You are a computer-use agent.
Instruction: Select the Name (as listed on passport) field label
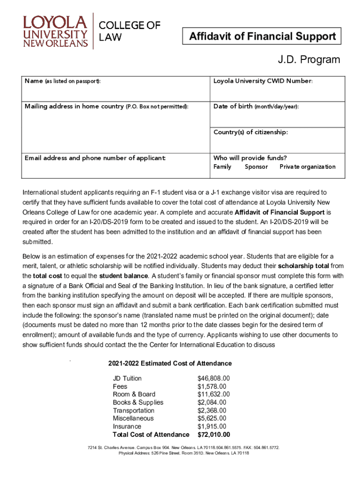point(63,81)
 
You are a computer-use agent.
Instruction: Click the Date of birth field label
point(256,107)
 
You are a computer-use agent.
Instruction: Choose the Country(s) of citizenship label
point(251,132)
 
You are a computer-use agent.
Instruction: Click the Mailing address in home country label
point(107,107)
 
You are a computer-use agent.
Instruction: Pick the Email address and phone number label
point(95,158)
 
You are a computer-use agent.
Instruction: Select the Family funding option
point(223,167)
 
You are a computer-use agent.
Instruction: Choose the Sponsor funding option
point(256,167)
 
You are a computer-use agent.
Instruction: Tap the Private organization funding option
point(307,167)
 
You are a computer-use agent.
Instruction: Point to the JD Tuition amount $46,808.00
point(214,378)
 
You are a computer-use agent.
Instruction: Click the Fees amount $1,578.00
point(212,386)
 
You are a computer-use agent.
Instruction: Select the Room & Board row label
point(134,394)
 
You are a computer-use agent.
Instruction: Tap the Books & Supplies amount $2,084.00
point(212,402)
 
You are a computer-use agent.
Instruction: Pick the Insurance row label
point(127,427)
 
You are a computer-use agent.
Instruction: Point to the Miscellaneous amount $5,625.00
point(212,418)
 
